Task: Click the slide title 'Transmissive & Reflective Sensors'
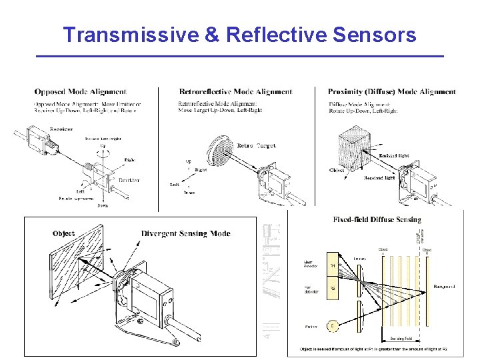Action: click(x=239, y=34)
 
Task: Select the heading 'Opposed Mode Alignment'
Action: click(x=80, y=92)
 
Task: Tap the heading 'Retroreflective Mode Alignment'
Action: click(x=235, y=92)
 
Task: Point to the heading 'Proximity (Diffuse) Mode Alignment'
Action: click(x=391, y=92)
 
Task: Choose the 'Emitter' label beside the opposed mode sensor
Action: click(x=129, y=180)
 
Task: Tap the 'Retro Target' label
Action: click(x=257, y=145)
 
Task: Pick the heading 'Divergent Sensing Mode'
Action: click(x=185, y=234)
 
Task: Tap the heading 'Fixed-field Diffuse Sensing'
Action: click(x=377, y=220)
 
